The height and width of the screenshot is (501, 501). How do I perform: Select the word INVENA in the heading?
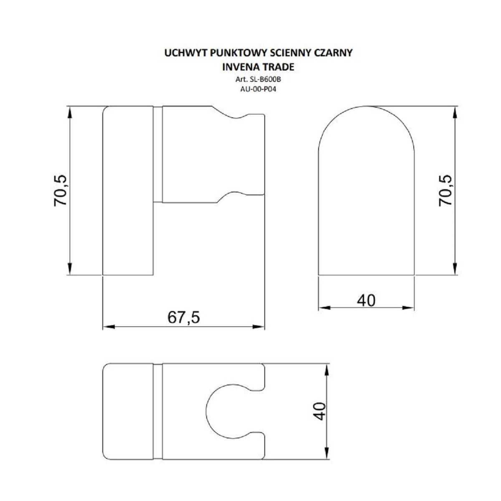click(x=239, y=67)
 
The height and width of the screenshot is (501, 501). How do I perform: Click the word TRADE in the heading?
click(x=276, y=67)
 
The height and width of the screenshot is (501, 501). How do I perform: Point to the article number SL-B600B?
click(x=265, y=80)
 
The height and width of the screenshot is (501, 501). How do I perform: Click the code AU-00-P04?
click(x=258, y=89)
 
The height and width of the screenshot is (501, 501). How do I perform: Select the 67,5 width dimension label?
click(x=184, y=317)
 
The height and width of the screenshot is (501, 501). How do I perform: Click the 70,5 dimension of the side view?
click(x=60, y=190)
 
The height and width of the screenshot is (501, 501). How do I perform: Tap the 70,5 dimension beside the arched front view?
click(x=445, y=190)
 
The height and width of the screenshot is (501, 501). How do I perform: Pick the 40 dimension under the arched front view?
click(x=366, y=301)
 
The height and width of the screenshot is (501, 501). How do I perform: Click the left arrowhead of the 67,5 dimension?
click(x=109, y=327)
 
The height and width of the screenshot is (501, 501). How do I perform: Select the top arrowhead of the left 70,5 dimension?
click(x=70, y=112)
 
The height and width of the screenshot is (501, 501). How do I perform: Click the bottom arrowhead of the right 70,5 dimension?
click(x=455, y=268)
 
